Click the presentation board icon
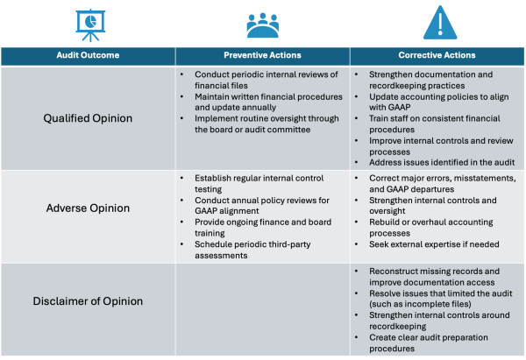(x=90, y=25)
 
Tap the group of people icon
(x=263, y=25)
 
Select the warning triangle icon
(x=440, y=23)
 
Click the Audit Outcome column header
(x=88, y=55)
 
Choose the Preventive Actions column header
(x=262, y=55)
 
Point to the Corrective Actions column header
(x=437, y=55)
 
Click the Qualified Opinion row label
(x=88, y=118)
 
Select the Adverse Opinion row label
(x=88, y=208)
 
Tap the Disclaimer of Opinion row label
(x=88, y=301)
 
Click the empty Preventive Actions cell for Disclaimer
(x=263, y=309)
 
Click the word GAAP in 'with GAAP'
(x=400, y=107)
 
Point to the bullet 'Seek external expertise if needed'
(x=434, y=244)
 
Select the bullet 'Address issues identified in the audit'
(x=442, y=163)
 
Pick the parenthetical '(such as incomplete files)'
(x=420, y=304)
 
